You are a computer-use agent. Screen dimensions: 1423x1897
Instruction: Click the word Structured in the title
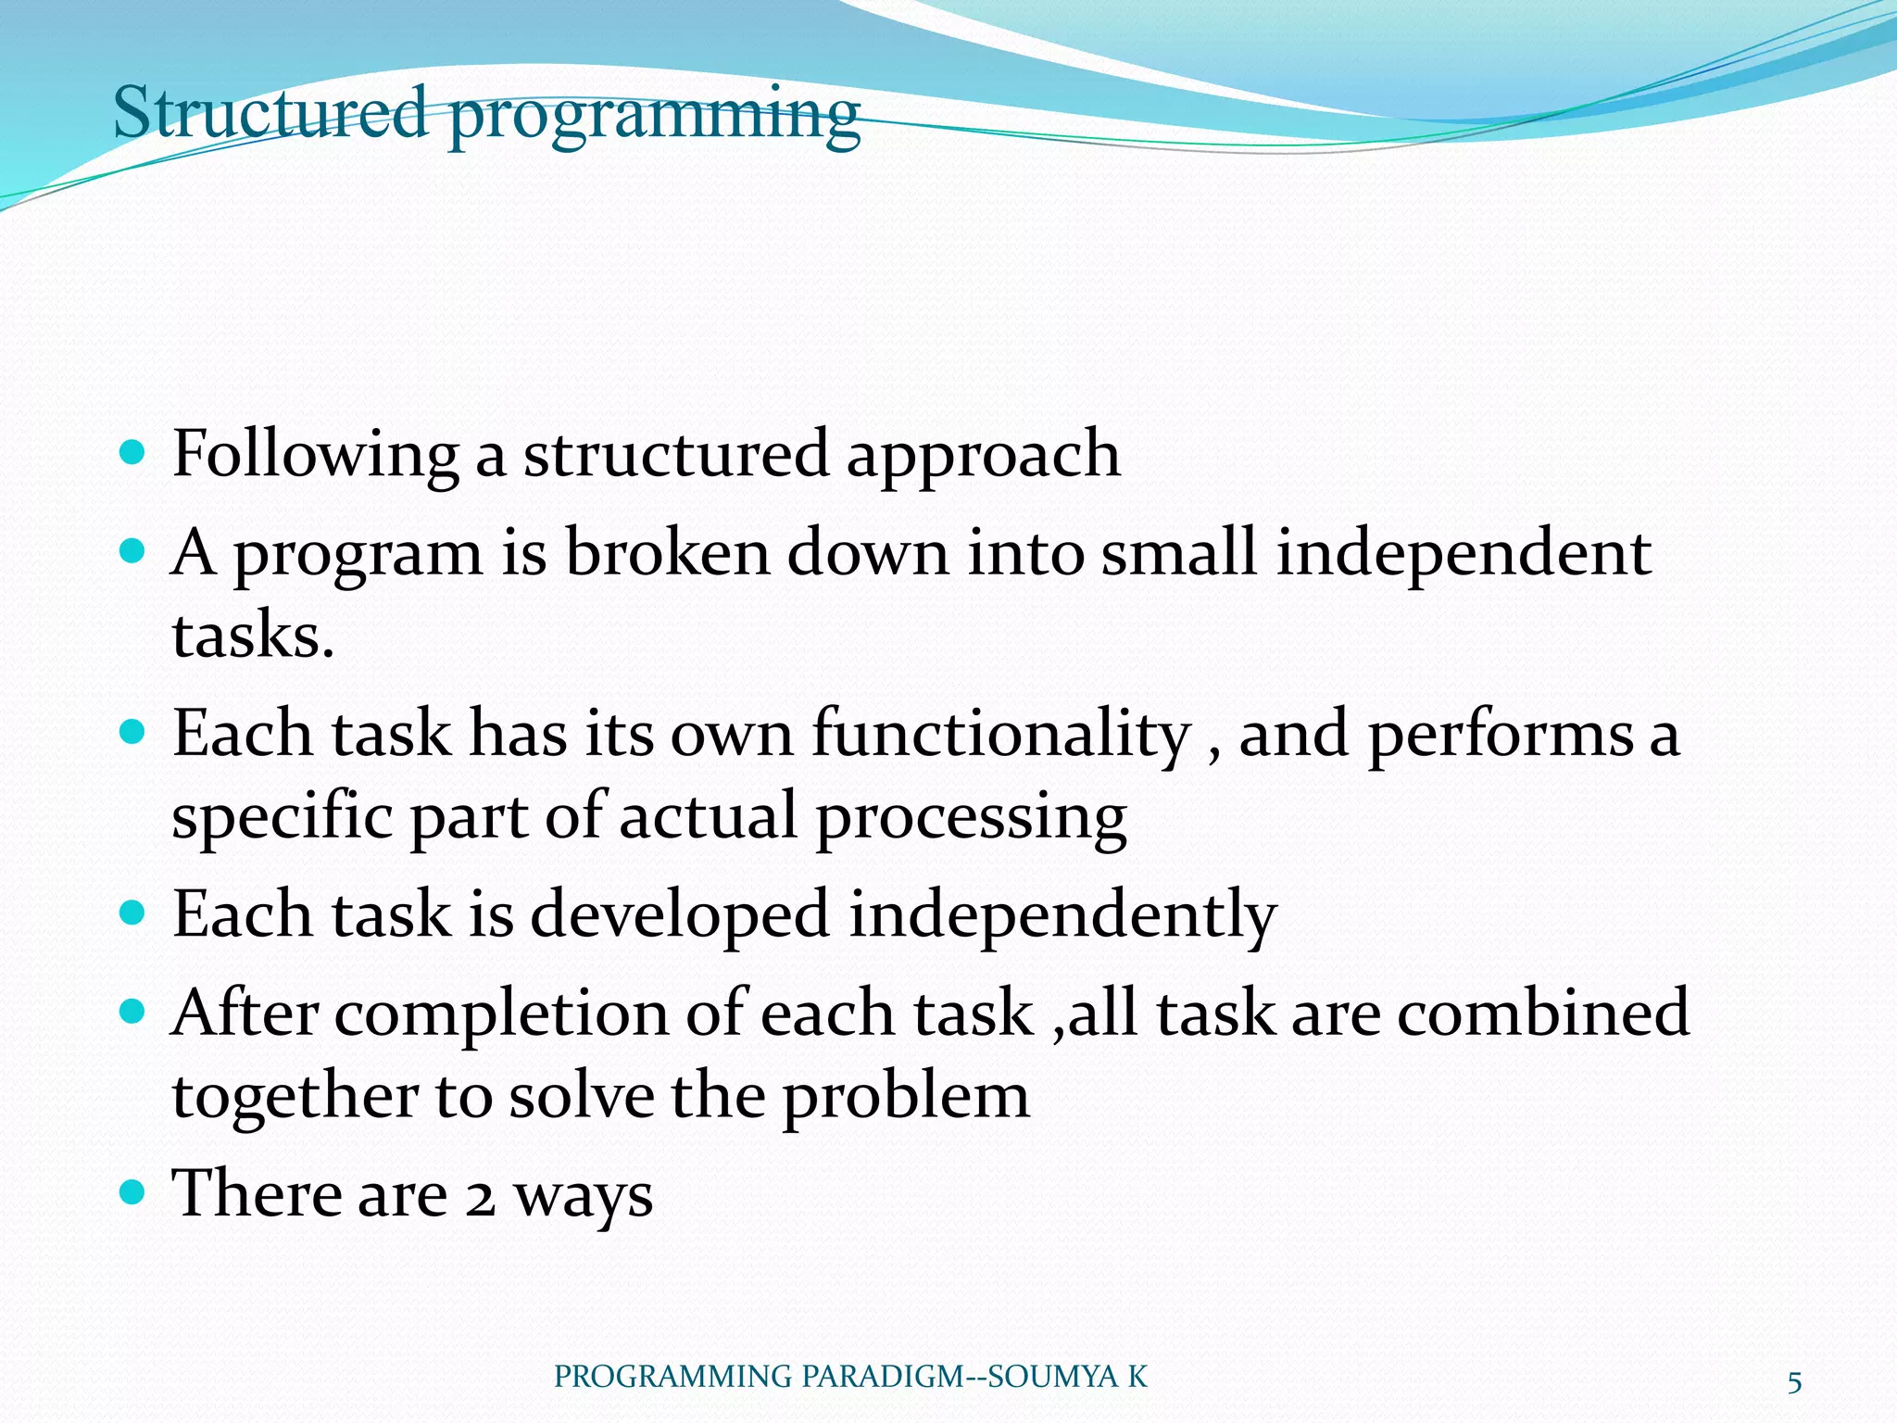click(x=270, y=112)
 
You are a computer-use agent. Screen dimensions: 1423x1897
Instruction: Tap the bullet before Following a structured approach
click(x=133, y=453)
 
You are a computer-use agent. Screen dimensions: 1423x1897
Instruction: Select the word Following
click(x=315, y=455)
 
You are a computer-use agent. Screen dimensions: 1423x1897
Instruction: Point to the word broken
click(x=667, y=553)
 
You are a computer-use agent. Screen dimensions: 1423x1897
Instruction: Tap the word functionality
click(x=1001, y=735)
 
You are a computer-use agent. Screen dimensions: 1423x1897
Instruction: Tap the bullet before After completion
click(x=133, y=1011)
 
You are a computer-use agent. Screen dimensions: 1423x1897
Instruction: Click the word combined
click(x=1543, y=1013)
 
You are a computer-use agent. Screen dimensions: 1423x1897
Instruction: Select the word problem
click(x=905, y=1098)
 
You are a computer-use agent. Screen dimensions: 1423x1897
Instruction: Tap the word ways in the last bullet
click(x=584, y=1197)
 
